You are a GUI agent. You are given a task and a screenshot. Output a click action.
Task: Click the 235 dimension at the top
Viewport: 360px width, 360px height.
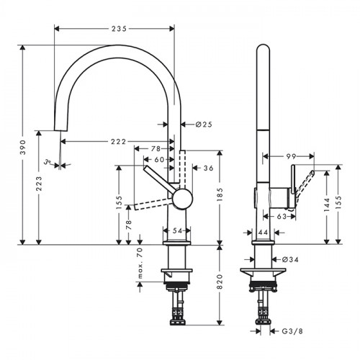[119, 29]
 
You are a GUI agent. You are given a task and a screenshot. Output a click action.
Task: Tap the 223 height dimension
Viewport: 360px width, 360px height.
[39, 184]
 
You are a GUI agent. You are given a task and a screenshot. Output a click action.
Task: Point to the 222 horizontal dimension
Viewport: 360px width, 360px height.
[118, 142]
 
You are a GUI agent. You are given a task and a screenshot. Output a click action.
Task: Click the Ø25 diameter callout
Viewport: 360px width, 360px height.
[204, 125]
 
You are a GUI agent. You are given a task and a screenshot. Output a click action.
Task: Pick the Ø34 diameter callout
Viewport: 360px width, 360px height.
[290, 259]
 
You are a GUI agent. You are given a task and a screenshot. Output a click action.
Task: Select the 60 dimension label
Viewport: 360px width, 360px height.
[159, 159]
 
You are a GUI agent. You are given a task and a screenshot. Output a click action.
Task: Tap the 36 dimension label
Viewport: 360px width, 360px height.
[208, 168]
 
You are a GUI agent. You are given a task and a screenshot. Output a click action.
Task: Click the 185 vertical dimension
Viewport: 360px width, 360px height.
[220, 194]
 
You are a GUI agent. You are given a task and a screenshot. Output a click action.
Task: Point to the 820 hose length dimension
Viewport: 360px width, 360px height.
[220, 282]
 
